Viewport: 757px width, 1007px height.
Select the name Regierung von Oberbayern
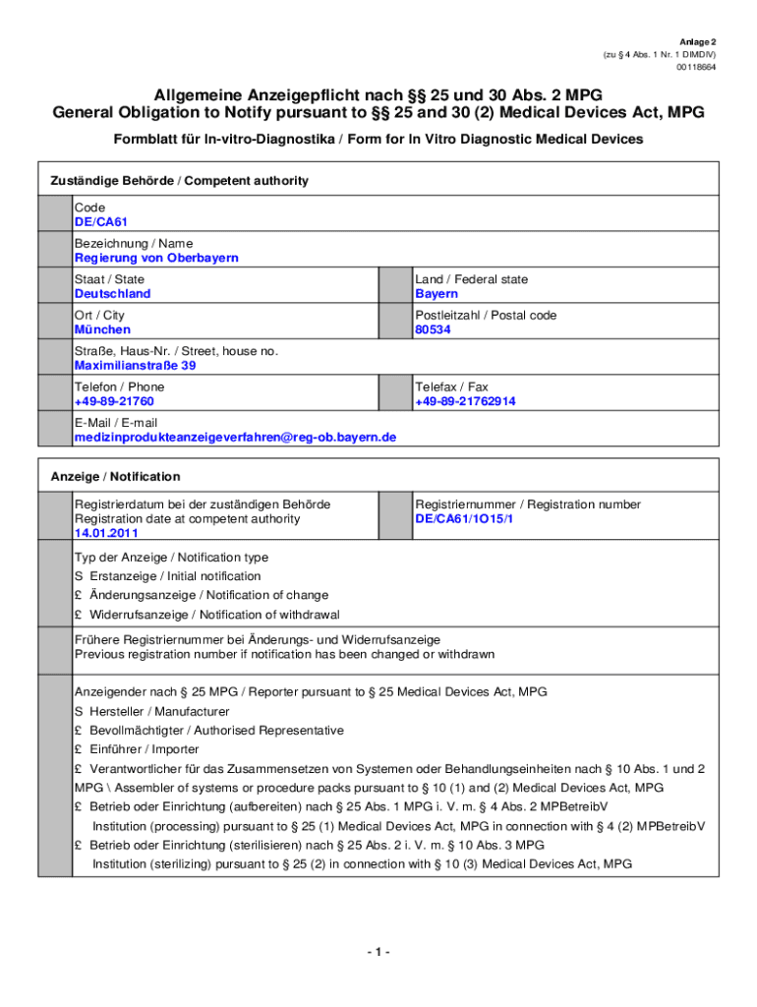click(156, 258)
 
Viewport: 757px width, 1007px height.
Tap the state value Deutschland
click(113, 294)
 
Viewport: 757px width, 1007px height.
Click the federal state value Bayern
click(437, 294)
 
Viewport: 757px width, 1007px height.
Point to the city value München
click(102, 329)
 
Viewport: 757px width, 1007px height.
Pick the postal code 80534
click(433, 329)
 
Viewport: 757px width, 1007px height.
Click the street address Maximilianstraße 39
click(136, 366)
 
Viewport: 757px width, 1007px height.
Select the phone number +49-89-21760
click(114, 401)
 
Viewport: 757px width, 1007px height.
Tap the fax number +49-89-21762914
click(465, 401)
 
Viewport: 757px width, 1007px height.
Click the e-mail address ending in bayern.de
click(235, 437)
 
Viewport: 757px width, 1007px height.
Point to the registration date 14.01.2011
click(106, 533)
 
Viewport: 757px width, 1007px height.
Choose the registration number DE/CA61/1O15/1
click(464, 518)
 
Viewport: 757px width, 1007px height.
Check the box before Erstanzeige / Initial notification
click(79, 576)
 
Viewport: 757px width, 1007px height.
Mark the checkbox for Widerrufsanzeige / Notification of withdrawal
click(79, 615)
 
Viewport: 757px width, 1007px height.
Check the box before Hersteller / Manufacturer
click(79, 711)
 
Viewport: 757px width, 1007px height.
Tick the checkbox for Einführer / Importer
click(79, 749)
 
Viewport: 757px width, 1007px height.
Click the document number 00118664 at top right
click(696, 68)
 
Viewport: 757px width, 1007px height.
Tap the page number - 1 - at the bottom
click(378, 952)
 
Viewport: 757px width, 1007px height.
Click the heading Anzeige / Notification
click(115, 477)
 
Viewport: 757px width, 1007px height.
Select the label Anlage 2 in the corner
click(698, 42)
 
